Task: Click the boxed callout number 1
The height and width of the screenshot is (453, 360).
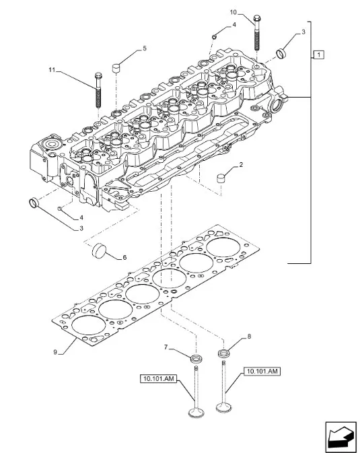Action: click(x=318, y=55)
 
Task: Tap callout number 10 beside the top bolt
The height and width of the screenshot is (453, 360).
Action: click(x=233, y=12)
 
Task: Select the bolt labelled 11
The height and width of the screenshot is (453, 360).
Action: click(x=98, y=90)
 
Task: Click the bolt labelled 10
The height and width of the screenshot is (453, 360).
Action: click(x=258, y=33)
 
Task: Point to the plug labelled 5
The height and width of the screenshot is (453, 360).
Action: click(x=116, y=68)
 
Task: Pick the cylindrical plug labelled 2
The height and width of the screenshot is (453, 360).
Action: click(x=221, y=178)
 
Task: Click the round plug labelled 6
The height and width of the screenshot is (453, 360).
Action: click(x=99, y=250)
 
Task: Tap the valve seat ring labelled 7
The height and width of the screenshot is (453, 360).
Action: click(x=196, y=359)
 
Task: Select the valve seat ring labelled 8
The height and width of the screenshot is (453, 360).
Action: click(x=223, y=353)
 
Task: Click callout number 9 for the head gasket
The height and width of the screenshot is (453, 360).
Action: click(x=55, y=352)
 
